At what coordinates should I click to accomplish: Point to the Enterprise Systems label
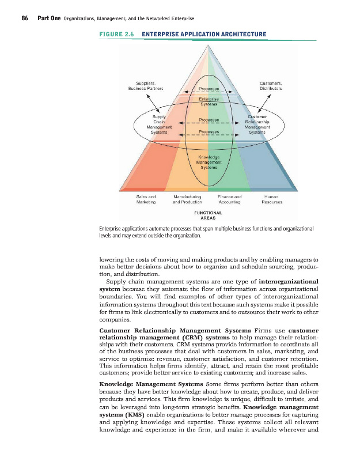[x=209, y=101]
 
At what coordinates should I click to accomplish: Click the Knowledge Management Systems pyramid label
[x=209, y=163]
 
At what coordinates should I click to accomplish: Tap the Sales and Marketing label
[x=145, y=199]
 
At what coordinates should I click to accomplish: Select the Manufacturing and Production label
[x=187, y=199]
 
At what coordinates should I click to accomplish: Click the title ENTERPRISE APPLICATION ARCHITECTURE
[x=204, y=35]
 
